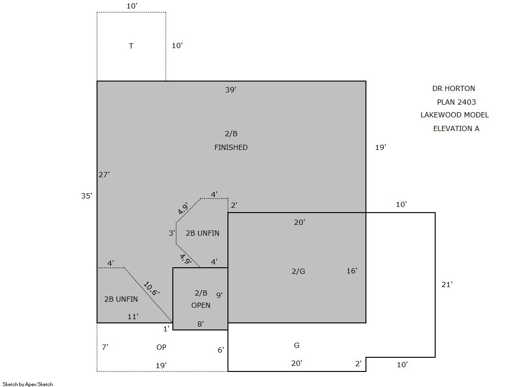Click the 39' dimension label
point(231,90)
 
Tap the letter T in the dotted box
point(131,46)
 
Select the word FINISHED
point(231,148)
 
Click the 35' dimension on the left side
point(86,196)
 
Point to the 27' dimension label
point(104,175)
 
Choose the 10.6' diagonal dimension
point(151,289)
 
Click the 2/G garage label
point(298,271)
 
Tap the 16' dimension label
point(351,271)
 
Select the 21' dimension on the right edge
point(446,285)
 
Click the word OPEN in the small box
point(201,305)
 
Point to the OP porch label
point(162,347)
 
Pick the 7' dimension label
point(105,347)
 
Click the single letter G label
point(296,345)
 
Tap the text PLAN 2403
point(456,102)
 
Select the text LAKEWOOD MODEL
point(454,115)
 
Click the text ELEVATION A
point(456,129)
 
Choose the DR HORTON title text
point(454,89)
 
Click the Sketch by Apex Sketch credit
point(28,384)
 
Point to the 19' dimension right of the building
point(381,148)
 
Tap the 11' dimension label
point(133,317)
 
